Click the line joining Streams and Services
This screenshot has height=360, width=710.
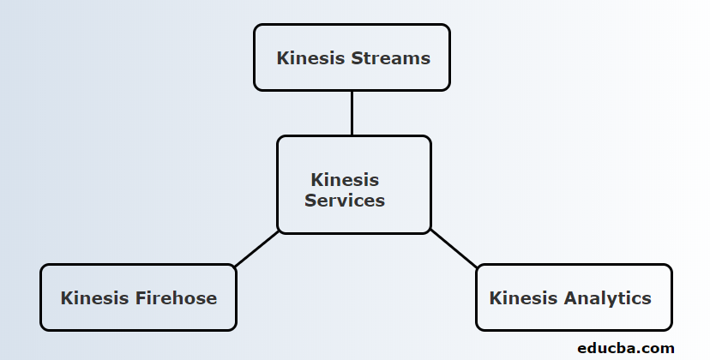[x=352, y=112]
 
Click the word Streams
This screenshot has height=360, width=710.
[x=390, y=58]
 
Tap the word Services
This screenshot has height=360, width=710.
[x=345, y=201]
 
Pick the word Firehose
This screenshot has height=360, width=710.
[x=176, y=298]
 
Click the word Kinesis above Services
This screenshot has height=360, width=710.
[x=345, y=180]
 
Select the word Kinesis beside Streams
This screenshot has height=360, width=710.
[x=310, y=58]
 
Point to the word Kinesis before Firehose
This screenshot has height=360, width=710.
[x=94, y=298]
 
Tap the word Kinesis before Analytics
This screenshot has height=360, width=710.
[x=523, y=298]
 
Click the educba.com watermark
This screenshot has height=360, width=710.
[x=626, y=348]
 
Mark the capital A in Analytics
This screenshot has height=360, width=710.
[x=569, y=298]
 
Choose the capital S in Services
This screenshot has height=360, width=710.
[x=310, y=201]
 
